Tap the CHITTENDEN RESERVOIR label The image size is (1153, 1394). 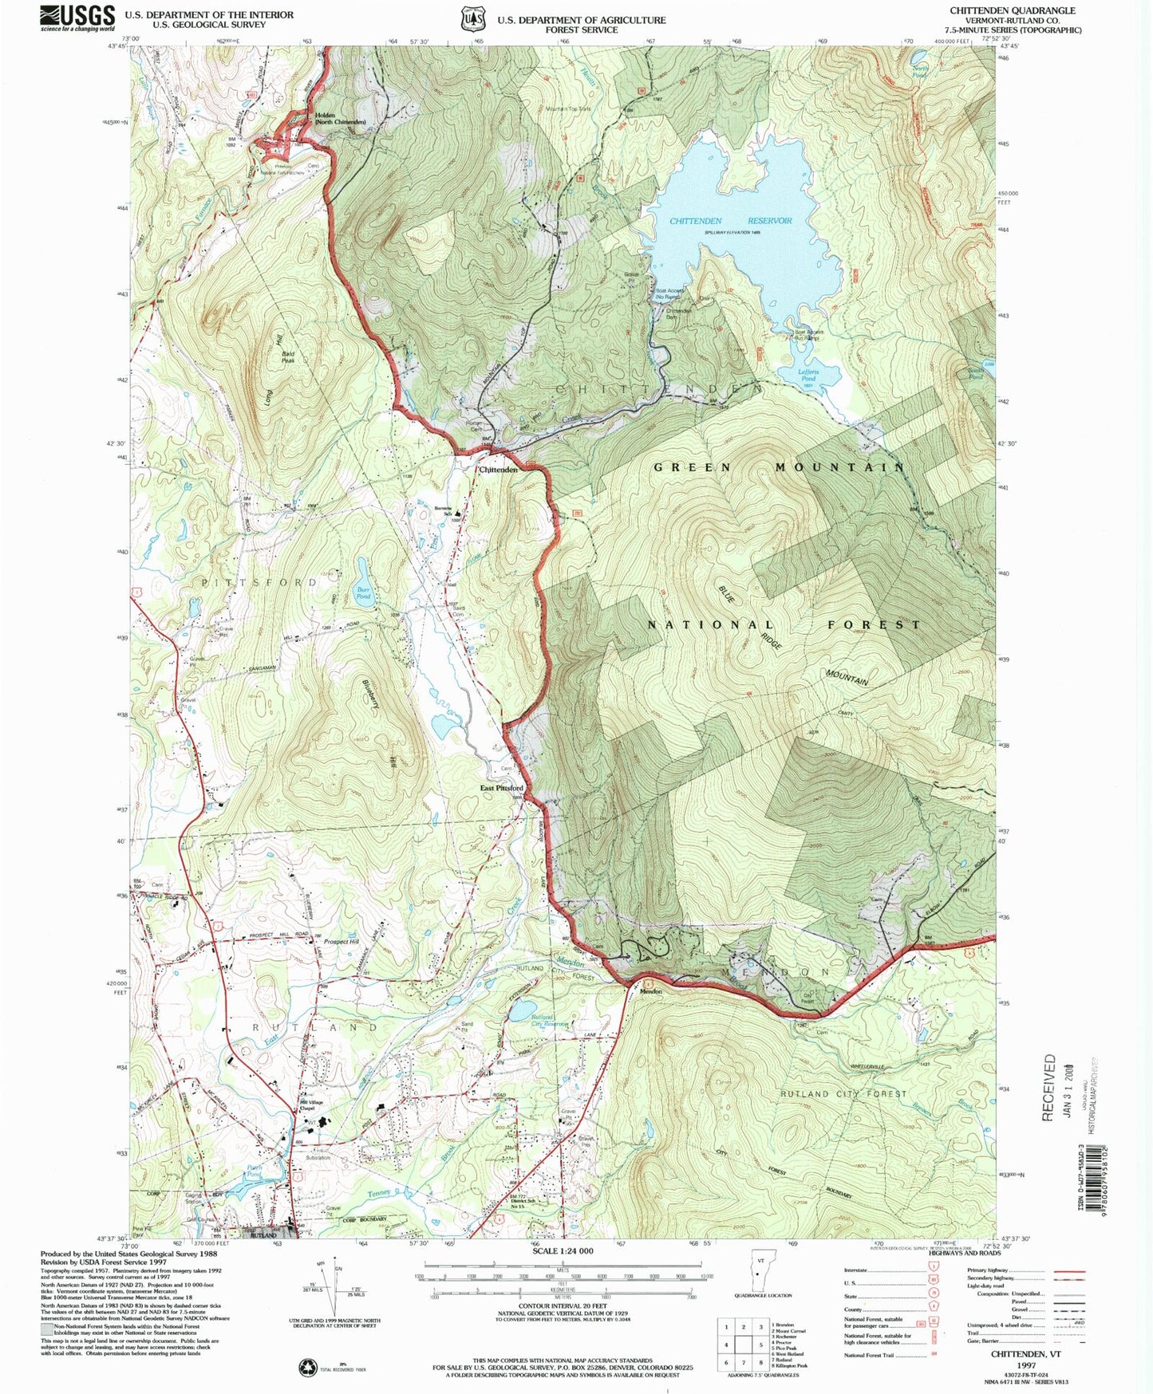[730, 221]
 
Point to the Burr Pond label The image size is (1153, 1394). [363, 593]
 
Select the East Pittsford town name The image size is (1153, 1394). [501, 788]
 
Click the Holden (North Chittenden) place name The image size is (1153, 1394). [340, 118]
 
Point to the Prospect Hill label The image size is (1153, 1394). [342, 942]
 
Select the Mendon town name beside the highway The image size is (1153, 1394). [651, 992]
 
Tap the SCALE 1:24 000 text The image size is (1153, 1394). [563, 1251]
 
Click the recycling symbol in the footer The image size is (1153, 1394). [307, 1368]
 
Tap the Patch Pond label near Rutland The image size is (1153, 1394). [254, 1172]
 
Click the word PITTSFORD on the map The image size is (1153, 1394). [259, 583]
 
